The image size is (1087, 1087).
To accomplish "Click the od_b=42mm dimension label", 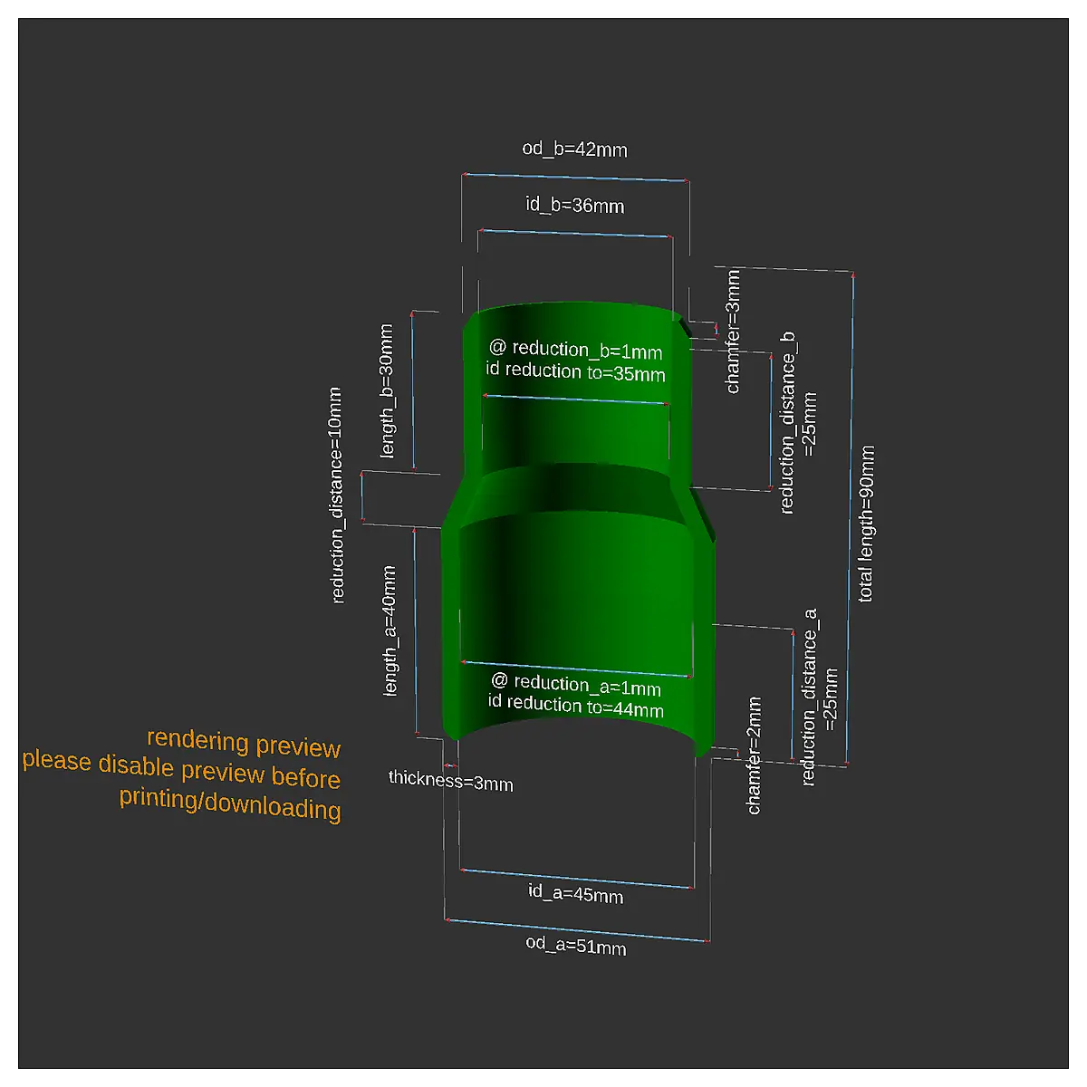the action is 574,149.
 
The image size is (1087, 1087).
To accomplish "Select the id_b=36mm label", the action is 575,205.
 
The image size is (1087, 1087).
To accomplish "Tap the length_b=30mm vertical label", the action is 387,391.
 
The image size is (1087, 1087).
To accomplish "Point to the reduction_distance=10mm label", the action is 336,495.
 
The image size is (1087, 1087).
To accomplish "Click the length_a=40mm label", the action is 390,630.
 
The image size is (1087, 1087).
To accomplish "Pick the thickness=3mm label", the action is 451,781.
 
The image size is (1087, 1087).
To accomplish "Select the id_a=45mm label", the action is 575,893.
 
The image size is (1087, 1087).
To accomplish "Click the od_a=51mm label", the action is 576,946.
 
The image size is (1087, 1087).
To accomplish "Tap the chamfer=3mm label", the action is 733,332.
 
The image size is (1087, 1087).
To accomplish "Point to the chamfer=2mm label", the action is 754,755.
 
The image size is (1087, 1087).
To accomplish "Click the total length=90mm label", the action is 867,524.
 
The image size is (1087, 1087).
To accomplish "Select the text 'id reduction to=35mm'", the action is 575,371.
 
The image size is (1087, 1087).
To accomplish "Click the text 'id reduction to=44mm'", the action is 576,706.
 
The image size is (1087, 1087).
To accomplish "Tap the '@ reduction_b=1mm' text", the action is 575,350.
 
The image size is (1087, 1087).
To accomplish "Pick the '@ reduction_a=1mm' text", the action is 576,685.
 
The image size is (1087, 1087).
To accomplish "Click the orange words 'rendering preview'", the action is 244,744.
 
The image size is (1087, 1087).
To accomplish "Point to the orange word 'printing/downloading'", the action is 230,803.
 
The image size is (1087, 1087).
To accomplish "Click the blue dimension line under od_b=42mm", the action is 575,178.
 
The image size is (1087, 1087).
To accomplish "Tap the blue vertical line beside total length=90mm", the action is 850,519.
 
